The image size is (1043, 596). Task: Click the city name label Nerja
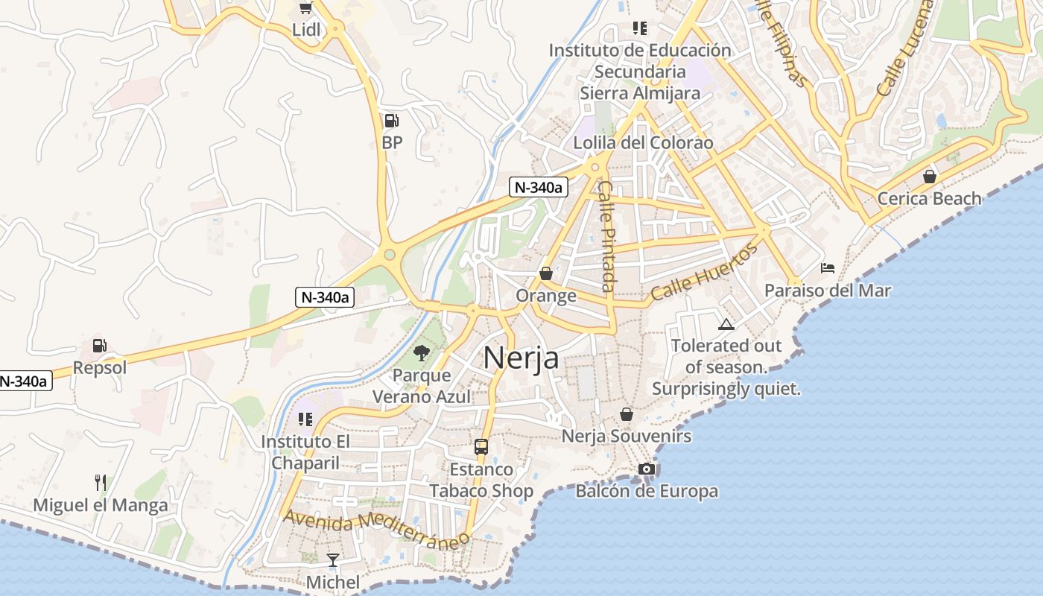point(521,358)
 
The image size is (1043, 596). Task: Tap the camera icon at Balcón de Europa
point(647,469)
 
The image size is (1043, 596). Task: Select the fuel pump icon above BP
point(391,121)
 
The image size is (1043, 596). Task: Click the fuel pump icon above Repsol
point(99,346)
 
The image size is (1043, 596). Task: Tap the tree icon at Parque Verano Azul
point(422,352)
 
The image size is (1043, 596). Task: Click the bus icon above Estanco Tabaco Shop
point(481,447)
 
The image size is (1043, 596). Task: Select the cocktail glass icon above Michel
point(333,559)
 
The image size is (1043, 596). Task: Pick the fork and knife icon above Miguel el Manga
point(101,483)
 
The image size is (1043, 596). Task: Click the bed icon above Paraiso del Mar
point(828,268)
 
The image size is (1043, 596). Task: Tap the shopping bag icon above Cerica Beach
point(929,177)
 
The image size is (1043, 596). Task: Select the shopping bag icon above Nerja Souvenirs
point(627,413)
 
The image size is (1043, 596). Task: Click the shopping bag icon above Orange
point(546,273)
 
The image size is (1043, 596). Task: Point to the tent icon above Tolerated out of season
point(726,324)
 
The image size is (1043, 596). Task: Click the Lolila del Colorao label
point(643,142)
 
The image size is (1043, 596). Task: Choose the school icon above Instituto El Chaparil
point(305,419)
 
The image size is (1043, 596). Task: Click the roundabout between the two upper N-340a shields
point(389,256)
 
